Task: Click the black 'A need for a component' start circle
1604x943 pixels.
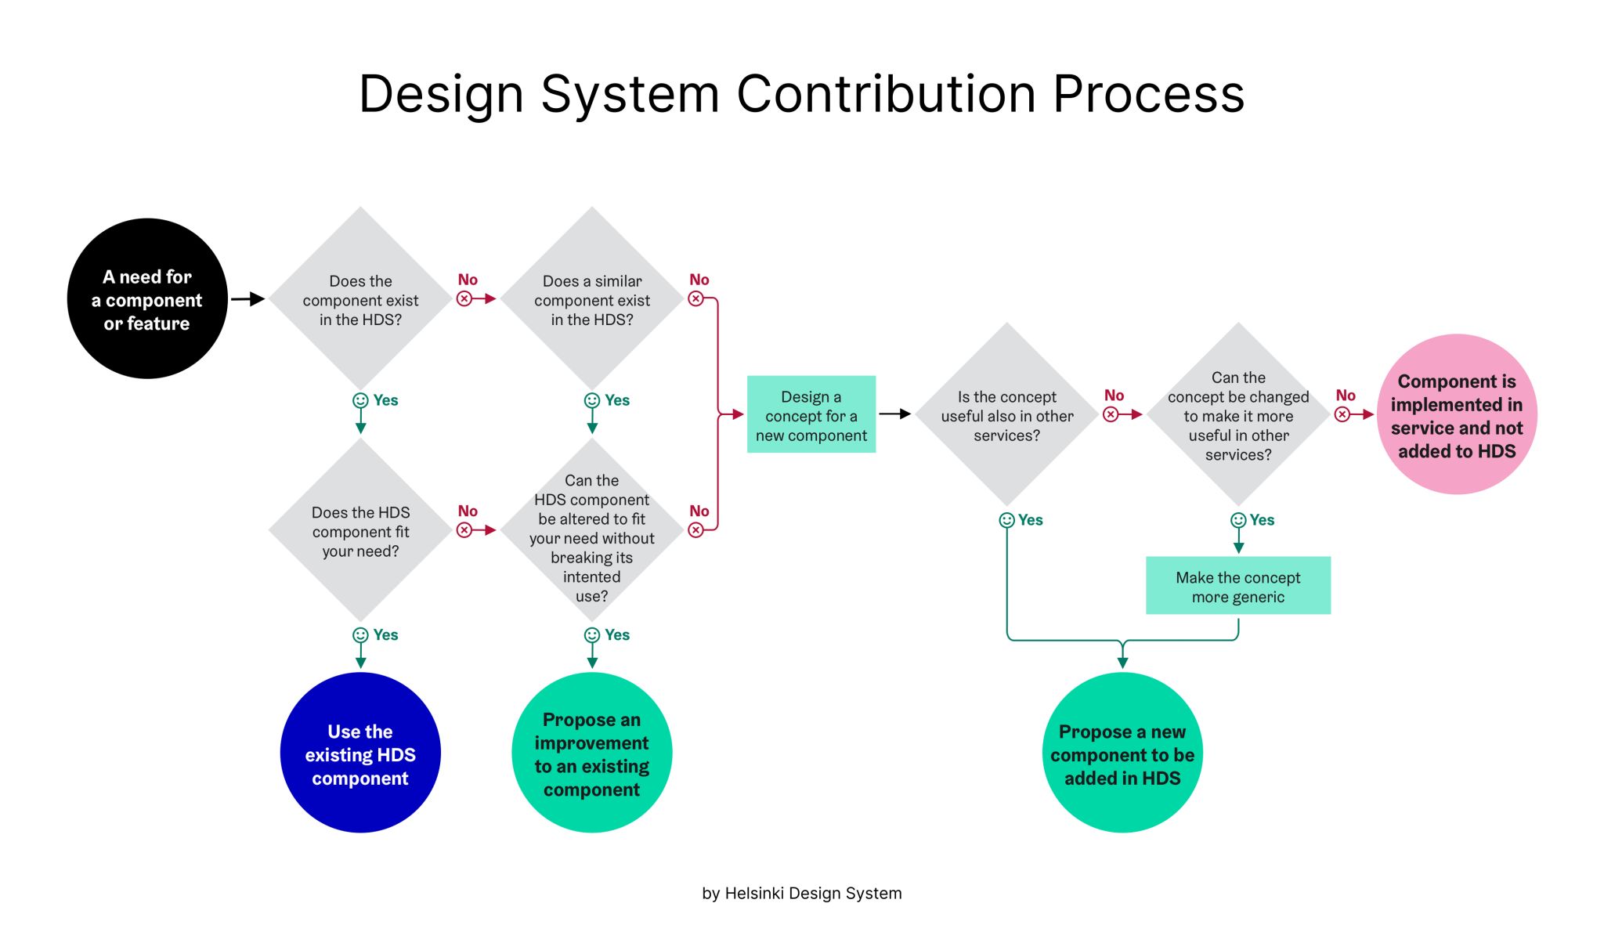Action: pos(147,298)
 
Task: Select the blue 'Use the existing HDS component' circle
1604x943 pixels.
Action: pos(360,753)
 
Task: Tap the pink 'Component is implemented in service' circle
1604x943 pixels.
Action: pos(1457,414)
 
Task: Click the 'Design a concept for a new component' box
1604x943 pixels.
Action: pos(811,414)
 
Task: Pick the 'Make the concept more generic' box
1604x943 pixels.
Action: pos(1237,586)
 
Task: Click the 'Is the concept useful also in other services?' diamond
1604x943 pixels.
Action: pos(1007,414)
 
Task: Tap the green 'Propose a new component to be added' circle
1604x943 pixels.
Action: pos(1122,753)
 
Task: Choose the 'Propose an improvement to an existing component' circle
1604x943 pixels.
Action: pos(592,753)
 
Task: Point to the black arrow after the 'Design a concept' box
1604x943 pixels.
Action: pos(894,414)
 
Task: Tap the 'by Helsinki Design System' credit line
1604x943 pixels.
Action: pos(802,894)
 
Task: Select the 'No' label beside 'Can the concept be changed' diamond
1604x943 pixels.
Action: pos(1346,396)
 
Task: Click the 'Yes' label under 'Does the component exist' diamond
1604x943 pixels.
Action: pos(385,400)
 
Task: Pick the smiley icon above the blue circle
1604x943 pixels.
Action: pos(360,635)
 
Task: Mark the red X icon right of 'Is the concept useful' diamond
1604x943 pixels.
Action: pos(1111,414)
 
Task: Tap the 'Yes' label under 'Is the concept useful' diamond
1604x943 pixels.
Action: pos(1031,520)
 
